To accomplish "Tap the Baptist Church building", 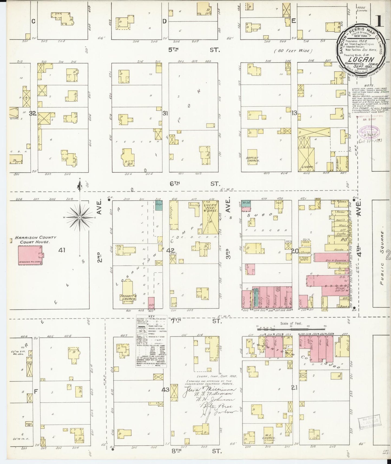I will click(253, 156).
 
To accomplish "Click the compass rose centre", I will click(80, 218).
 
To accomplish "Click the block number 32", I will click(33, 114).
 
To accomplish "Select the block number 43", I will click(165, 389).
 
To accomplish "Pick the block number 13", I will click(294, 113).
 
